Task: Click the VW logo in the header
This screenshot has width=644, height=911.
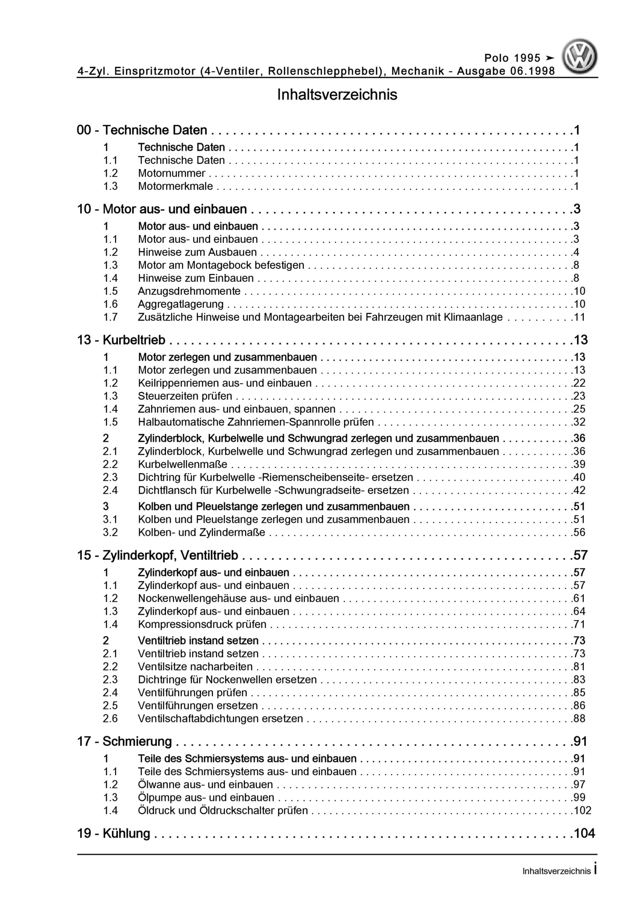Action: pos(579,56)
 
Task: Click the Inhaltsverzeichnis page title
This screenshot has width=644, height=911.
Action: pos(337,95)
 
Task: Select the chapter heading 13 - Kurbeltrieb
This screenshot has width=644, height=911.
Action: pos(121,340)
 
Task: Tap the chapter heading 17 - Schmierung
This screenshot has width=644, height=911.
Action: pos(125,741)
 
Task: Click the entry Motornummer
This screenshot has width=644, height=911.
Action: pos(172,173)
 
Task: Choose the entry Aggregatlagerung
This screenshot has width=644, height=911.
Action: pos(180,304)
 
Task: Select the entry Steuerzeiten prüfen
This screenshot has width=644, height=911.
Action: pos(185,396)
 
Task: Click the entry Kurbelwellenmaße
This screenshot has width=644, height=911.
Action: pos(183,464)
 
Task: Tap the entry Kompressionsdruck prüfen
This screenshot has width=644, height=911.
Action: pos(202,624)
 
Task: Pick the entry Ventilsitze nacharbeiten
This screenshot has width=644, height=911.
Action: pos(195,667)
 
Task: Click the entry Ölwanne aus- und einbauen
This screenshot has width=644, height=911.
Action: pos(205,784)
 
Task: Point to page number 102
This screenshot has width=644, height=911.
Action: pos(582,810)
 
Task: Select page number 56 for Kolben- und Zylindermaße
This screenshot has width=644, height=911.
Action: pos(579,532)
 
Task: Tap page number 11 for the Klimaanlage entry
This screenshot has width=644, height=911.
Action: pos(579,317)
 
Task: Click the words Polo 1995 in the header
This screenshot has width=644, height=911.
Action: pos(512,58)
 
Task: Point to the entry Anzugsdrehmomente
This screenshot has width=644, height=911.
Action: pos(189,291)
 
